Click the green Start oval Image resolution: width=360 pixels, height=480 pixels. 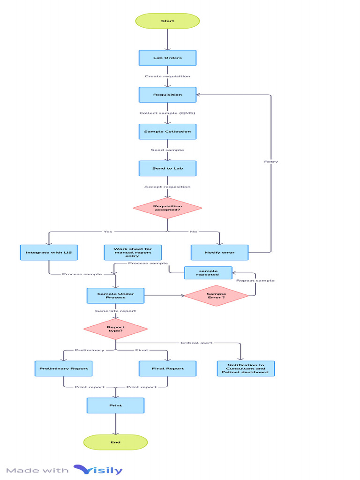click(x=167, y=21)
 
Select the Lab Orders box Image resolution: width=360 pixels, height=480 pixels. click(x=167, y=58)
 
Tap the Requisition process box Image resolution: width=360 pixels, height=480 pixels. click(x=167, y=95)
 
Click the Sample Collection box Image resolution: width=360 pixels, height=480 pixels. click(x=167, y=132)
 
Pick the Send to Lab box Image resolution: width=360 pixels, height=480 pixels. click(x=167, y=168)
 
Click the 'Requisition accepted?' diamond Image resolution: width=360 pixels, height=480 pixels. click(x=167, y=208)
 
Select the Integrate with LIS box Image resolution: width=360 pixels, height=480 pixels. click(x=49, y=253)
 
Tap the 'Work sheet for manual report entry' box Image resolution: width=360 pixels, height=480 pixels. click(x=133, y=253)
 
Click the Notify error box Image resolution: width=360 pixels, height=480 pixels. click(x=219, y=253)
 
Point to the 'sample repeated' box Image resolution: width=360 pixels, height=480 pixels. click(x=208, y=273)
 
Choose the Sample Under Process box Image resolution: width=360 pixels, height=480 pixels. click(x=115, y=296)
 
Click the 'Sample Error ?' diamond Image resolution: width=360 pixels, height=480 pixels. click(x=216, y=296)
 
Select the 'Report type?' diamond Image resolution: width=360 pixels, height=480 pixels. click(x=115, y=329)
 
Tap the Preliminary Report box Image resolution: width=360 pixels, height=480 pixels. click(x=63, y=368)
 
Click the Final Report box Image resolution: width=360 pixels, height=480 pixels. click(x=167, y=368)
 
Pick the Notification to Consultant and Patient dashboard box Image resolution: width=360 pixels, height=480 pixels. click(x=246, y=368)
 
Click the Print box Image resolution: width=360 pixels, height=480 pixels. click(x=115, y=405)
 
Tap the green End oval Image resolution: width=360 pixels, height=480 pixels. click(x=115, y=442)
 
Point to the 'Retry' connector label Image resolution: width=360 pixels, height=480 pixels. click(x=271, y=162)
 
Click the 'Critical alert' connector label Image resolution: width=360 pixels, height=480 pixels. click(x=196, y=343)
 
